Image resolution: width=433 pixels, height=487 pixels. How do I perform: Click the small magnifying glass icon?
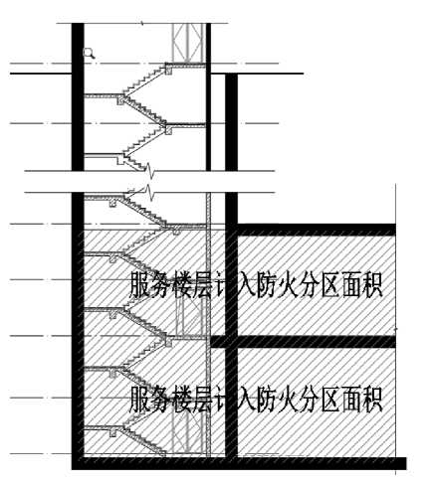tap(89, 53)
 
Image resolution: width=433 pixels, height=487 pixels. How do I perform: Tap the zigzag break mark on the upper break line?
tap(150, 170)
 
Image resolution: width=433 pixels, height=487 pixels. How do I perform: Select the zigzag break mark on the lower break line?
tap(150, 192)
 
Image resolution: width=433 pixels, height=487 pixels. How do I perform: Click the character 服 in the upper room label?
tap(139, 284)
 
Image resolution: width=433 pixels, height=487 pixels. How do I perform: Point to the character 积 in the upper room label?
tap(371, 284)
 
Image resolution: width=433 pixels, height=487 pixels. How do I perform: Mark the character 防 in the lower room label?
tap(266, 400)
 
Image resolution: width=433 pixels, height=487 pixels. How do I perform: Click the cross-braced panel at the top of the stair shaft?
tap(187, 43)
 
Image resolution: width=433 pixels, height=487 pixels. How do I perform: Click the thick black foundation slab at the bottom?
tap(239, 463)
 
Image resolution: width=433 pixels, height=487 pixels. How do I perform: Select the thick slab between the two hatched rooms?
tap(304, 342)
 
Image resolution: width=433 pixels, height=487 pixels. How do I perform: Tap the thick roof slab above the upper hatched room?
tap(317, 230)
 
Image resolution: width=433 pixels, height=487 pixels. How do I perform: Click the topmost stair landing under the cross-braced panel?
tap(186, 66)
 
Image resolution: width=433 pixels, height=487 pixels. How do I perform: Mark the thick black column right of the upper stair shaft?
tap(231, 149)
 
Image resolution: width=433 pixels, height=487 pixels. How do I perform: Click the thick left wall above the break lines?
tap(78, 96)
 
